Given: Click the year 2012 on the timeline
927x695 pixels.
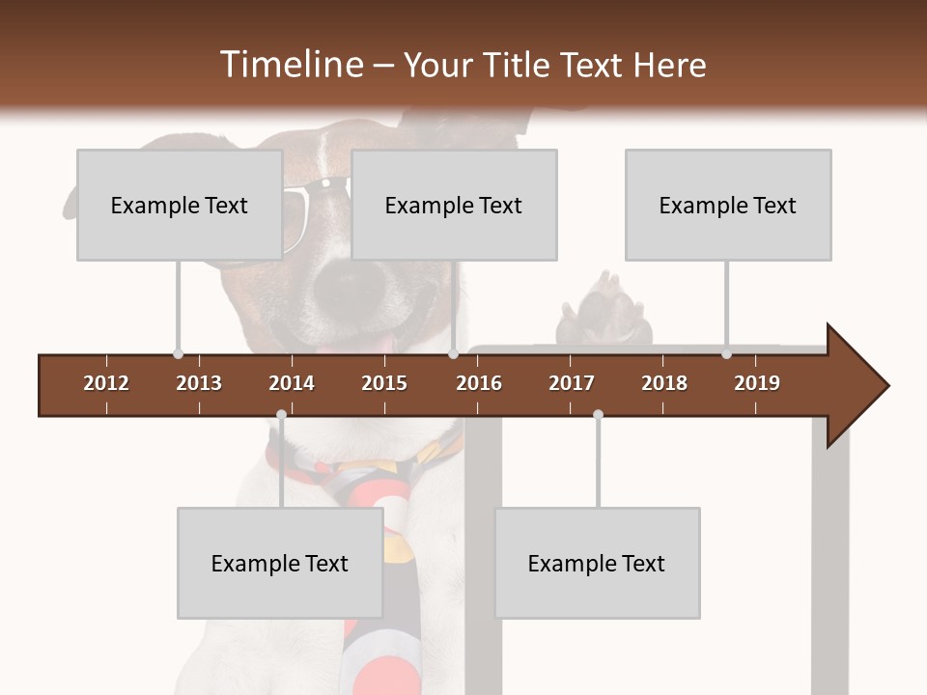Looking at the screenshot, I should tap(106, 383).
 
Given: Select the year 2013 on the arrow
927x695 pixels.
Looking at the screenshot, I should tap(199, 383).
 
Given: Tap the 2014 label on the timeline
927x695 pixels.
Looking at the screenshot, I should tap(292, 383).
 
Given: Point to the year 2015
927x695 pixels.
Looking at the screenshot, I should tap(384, 383).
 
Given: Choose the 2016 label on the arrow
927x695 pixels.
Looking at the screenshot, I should tap(479, 383).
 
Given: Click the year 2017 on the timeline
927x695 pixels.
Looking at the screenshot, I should tap(572, 383).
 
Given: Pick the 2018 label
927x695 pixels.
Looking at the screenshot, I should tap(664, 383).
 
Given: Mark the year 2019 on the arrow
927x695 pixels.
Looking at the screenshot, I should tap(757, 383).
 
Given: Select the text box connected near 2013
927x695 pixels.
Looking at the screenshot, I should tap(180, 205).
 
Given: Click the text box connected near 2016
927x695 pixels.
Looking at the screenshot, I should tap(454, 205).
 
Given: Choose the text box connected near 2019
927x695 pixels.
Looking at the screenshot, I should tap(728, 205).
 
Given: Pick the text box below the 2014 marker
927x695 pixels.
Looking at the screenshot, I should tap(280, 563).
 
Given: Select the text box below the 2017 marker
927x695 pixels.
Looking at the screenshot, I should tap(597, 563).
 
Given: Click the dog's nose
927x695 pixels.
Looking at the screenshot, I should tap(348, 285).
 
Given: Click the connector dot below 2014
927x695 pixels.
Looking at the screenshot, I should tap(281, 414).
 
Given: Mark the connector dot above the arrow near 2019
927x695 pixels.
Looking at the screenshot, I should tap(726, 354).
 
